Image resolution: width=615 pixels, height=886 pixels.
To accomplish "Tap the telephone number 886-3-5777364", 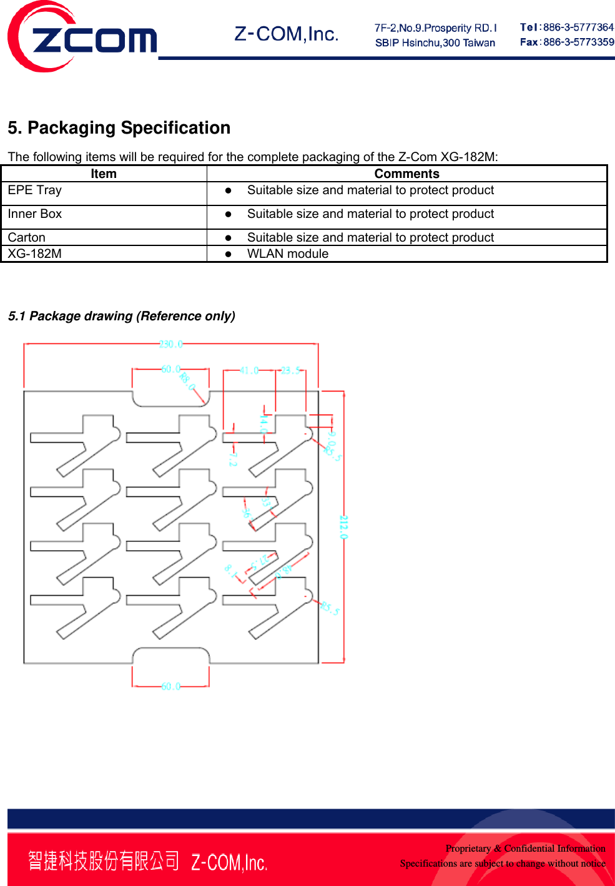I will coord(578,27).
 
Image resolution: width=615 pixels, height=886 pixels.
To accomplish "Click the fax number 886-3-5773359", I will coord(578,42).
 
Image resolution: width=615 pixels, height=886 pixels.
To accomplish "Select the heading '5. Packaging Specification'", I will coord(119,128).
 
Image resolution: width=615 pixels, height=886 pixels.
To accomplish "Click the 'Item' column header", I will coord(104,174).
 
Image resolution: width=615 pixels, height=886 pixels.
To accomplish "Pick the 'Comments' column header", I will coord(406,174).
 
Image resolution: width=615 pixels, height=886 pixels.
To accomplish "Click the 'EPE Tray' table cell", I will coord(35,190).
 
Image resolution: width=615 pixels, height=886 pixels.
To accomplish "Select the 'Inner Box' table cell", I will coord(35,214).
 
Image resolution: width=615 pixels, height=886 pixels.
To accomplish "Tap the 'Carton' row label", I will coord(27,237).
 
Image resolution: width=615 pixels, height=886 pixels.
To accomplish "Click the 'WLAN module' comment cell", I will coord(288,254).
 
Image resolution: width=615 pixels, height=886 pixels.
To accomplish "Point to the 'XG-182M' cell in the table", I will coord(35,254).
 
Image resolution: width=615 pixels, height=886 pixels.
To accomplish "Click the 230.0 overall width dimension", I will coord(171,345).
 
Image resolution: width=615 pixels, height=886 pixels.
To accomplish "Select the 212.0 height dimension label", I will coord(343,527).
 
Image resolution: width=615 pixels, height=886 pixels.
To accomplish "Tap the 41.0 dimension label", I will coord(249,370).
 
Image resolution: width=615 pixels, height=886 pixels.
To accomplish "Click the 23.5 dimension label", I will coord(290,370).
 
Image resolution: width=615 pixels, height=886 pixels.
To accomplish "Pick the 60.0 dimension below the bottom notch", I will coord(171,686).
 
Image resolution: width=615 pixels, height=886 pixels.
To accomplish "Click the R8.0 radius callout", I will coord(187,380).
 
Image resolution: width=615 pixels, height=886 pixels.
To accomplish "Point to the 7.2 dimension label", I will coord(232,459).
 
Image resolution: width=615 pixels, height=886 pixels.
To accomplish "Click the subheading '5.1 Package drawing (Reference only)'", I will coord(122,317).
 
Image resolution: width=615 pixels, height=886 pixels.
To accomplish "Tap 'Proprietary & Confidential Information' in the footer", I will coord(525,849).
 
